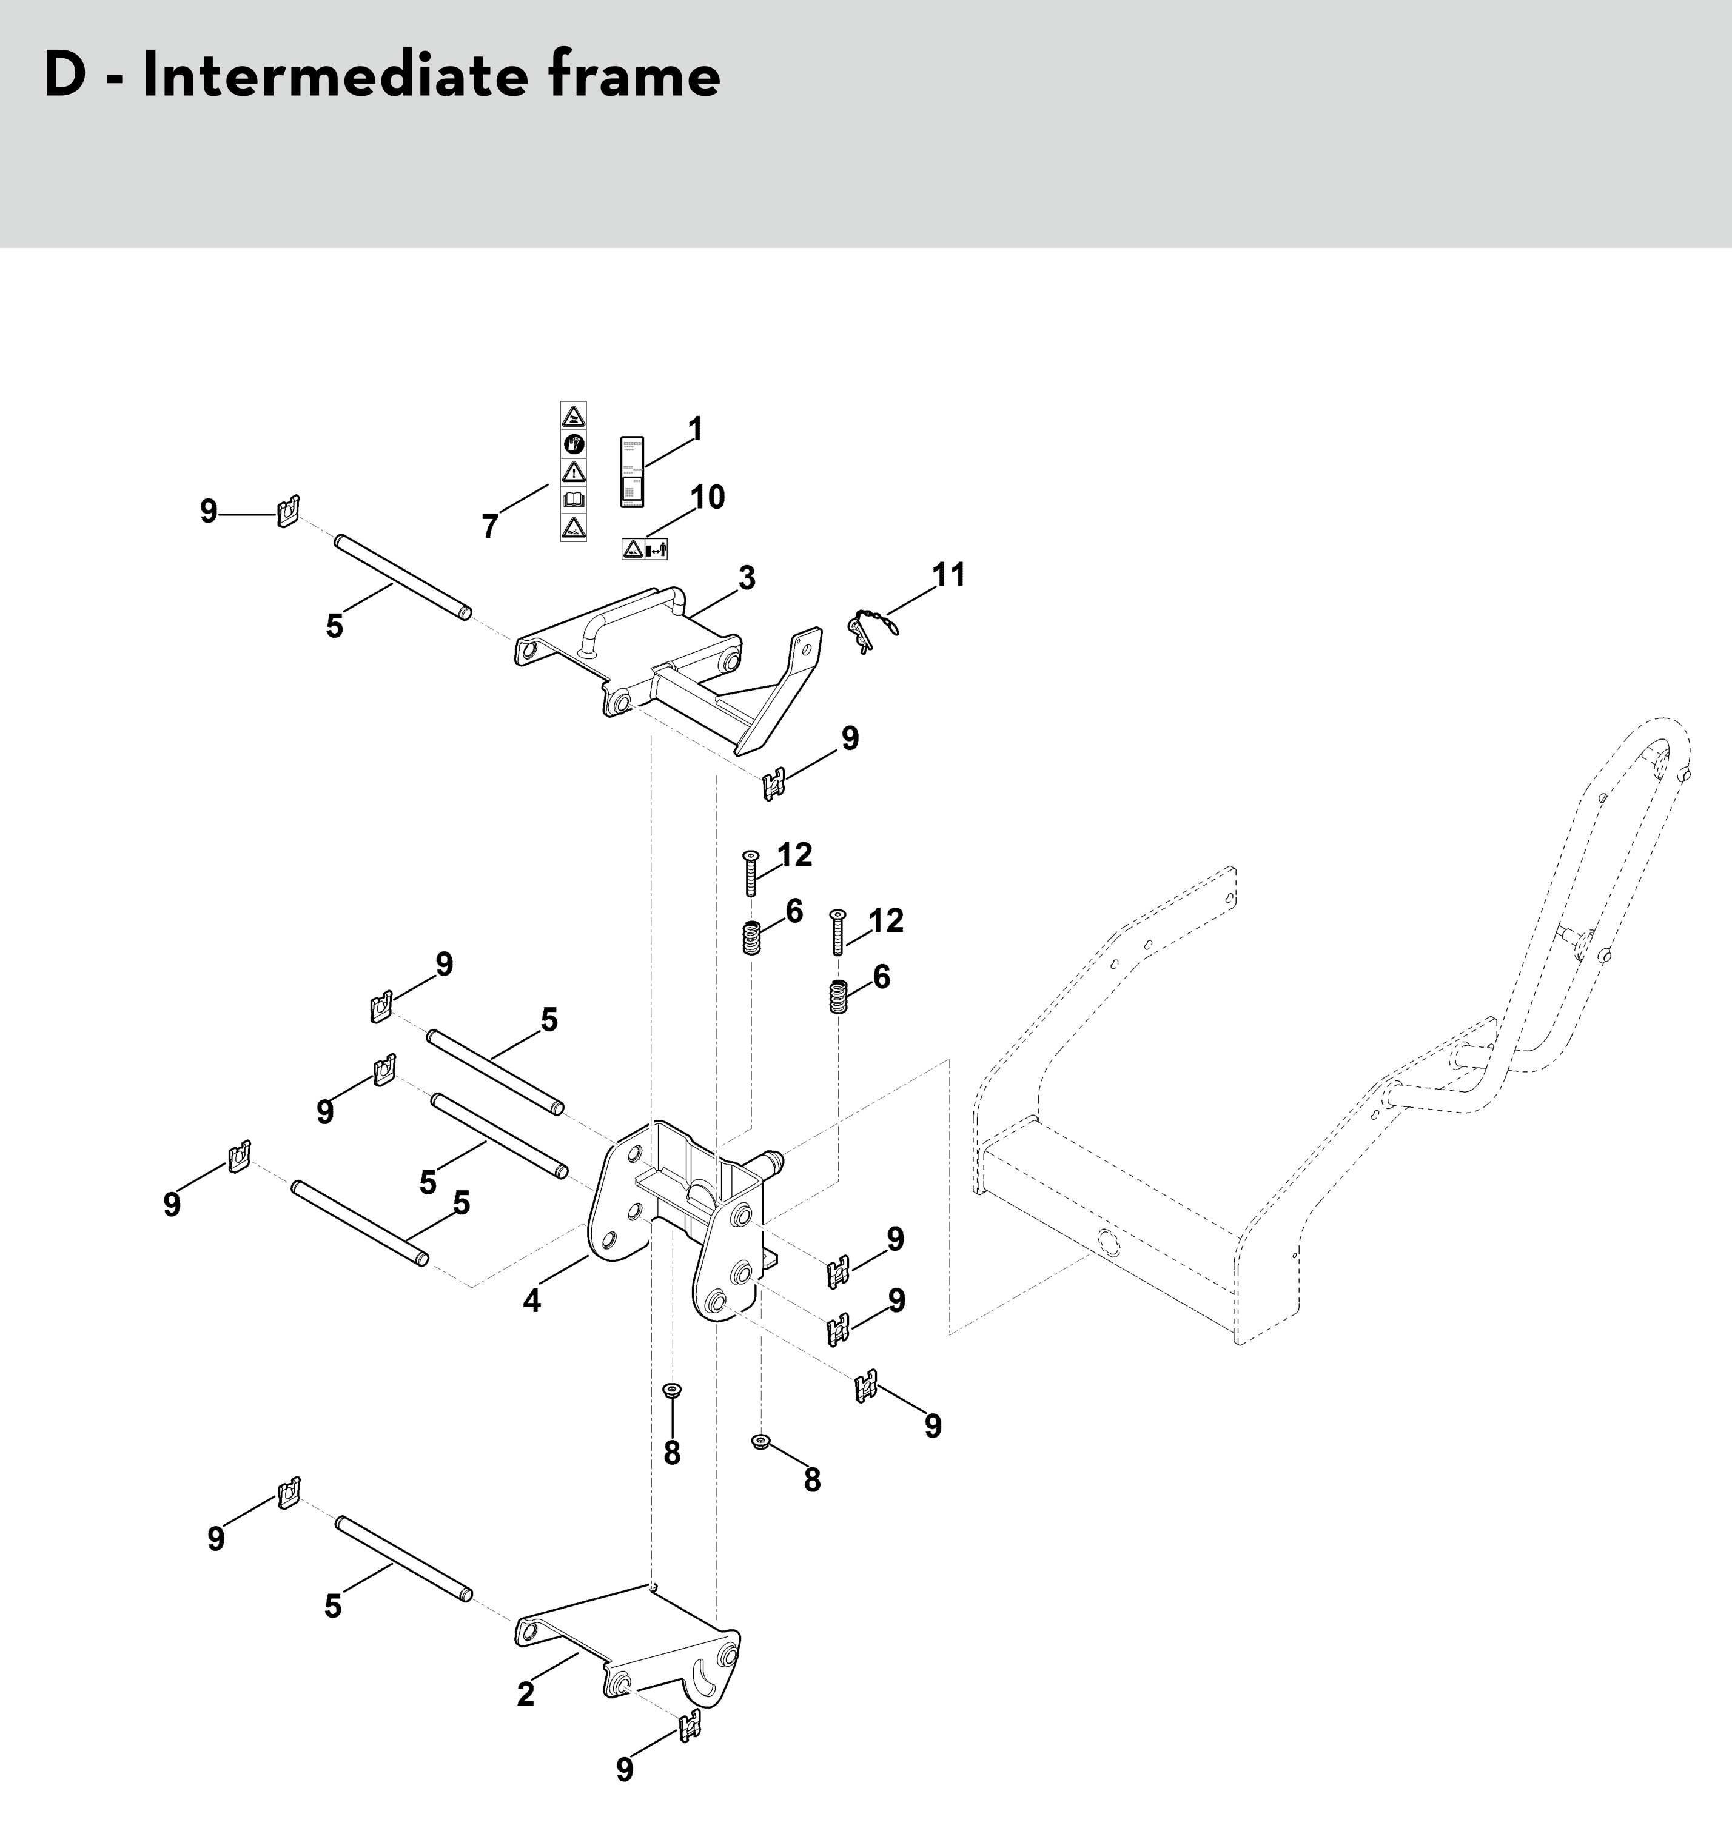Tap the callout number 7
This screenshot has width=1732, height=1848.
tap(490, 527)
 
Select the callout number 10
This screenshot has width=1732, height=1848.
tap(708, 497)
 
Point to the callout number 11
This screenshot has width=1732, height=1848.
tap(949, 575)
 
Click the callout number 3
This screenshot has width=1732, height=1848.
tap(747, 578)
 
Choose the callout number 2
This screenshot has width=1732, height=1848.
tap(526, 1693)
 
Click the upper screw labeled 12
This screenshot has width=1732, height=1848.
tap(750, 874)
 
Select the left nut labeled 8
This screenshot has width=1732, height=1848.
tap(670, 1416)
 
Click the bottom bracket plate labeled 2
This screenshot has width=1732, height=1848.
tap(632, 1650)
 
